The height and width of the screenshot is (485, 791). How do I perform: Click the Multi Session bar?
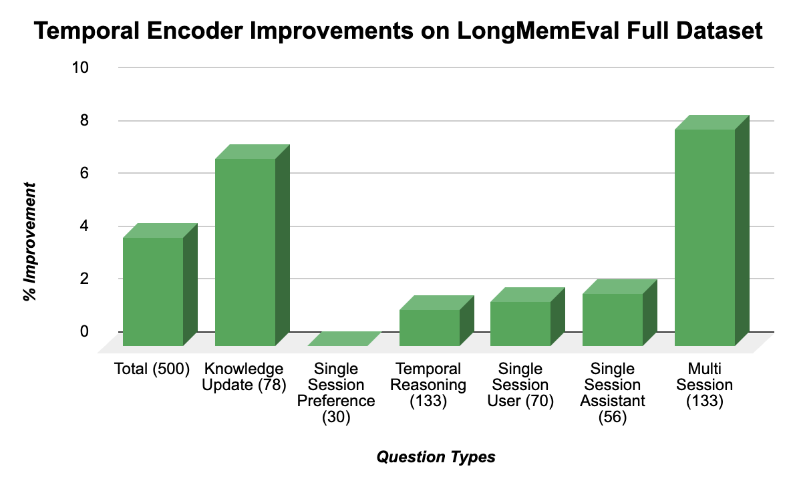coord(705,237)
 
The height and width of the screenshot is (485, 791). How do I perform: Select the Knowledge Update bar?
coord(245,252)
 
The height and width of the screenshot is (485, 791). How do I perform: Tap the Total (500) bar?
coord(152,291)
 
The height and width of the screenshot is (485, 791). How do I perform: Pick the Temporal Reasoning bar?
coord(429,327)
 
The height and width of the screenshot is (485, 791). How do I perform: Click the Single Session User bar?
coord(520,323)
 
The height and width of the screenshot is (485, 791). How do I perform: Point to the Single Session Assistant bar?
coord(612,319)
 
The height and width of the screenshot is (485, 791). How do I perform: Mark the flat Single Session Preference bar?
coord(344,339)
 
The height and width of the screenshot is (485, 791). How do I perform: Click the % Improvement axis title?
coord(30,240)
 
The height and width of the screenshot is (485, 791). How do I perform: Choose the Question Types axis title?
coord(436,457)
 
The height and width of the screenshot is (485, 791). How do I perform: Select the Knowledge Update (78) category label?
coord(244,377)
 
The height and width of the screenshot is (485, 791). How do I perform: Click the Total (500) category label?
coord(152,369)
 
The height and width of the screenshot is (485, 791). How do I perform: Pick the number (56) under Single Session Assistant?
coord(613,417)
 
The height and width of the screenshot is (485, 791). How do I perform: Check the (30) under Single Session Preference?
coord(336,417)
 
